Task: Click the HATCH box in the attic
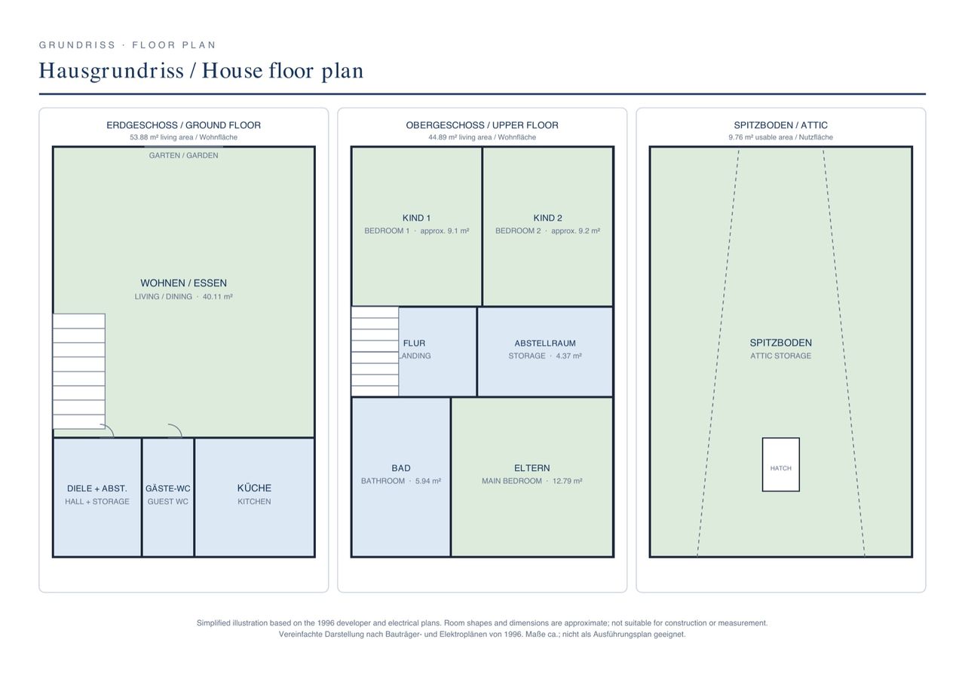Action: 780,464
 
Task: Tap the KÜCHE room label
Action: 254,488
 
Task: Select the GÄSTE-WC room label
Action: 167,488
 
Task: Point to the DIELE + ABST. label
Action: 97,488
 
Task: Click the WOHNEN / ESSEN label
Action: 183,283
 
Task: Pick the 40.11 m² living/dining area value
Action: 218,297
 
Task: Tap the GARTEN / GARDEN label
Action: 183,155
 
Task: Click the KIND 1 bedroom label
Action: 416,218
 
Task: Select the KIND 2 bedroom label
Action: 547,218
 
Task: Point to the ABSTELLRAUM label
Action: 545,343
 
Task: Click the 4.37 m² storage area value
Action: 568,356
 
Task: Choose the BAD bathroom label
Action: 400,468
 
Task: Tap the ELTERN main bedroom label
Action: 532,468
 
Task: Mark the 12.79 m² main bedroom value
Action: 568,481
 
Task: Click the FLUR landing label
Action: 414,343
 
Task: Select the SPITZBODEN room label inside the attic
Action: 780,343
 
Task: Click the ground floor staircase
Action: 79,371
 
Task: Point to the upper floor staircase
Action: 375,351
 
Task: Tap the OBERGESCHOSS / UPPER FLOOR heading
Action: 482,125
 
